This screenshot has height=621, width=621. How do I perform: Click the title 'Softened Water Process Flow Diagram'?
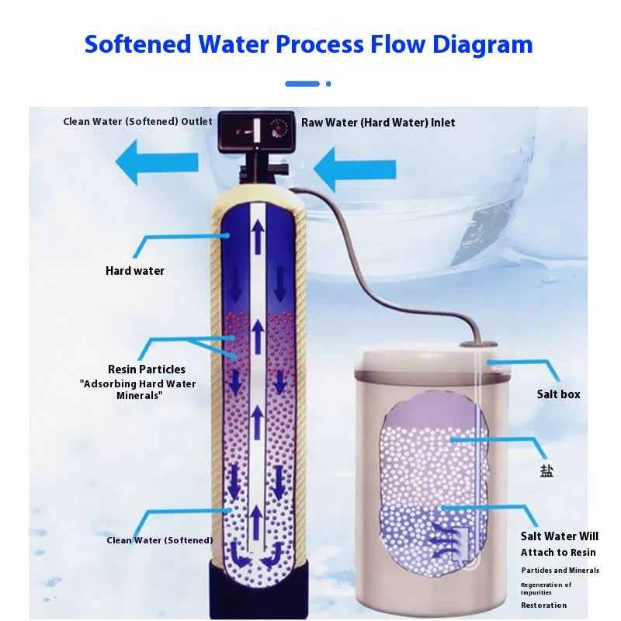[309, 43]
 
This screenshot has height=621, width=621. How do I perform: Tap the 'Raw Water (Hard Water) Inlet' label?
[378, 123]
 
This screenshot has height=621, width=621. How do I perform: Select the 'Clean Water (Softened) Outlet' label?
[137, 122]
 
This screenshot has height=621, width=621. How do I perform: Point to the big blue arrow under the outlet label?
[156, 162]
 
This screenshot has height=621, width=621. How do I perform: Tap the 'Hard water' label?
[135, 271]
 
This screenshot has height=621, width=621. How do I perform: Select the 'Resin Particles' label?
[147, 369]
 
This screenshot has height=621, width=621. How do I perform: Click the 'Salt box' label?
[559, 394]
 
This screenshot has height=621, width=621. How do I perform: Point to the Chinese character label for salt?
[547, 470]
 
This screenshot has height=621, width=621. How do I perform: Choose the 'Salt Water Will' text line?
[560, 536]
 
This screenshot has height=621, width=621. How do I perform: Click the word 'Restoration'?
[544, 605]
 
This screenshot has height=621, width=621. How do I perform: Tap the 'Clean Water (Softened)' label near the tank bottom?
[159, 540]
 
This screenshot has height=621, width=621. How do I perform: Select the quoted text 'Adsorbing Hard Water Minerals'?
[138, 390]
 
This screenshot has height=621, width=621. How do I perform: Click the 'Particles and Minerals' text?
[560, 571]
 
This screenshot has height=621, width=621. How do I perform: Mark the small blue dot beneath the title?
[328, 84]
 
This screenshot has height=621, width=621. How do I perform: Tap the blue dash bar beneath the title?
[302, 84]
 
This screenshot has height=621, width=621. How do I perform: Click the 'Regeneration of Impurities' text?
[546, 588]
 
